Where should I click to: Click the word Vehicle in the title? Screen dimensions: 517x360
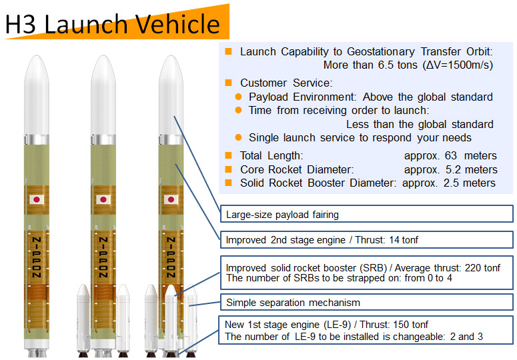[x=177, y=24]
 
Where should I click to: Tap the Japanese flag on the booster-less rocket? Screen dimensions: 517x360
[x=37, y=199]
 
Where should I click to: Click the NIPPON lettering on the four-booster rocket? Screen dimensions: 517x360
[x=171, y=257]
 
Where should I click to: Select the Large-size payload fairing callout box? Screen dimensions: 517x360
[x=367, y=214]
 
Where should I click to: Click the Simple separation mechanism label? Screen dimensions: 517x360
[x=293, y=303]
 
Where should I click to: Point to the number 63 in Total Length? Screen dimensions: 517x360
[x=450, y=155]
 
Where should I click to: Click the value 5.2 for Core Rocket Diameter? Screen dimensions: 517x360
[x=453, y=169]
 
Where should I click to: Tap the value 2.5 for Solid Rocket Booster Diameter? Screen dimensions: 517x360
[x=451, y=183]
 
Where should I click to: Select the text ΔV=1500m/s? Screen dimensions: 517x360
[x=456, y=65]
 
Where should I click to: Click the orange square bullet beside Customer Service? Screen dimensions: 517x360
[x=228, y=83]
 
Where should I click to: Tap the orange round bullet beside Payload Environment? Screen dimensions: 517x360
[x=238, y=97]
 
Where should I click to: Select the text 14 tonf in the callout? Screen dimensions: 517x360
[x=404, y=240]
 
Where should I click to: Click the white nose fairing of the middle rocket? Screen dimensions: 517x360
[x=103, y=95]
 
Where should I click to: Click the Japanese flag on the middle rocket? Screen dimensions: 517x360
[x=103, y=199]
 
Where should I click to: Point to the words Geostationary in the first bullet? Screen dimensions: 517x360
[x=381, y=52]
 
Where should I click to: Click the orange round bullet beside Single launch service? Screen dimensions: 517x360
[x=238, y=137]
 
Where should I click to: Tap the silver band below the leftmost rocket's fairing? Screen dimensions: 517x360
[x=37, y=139]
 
